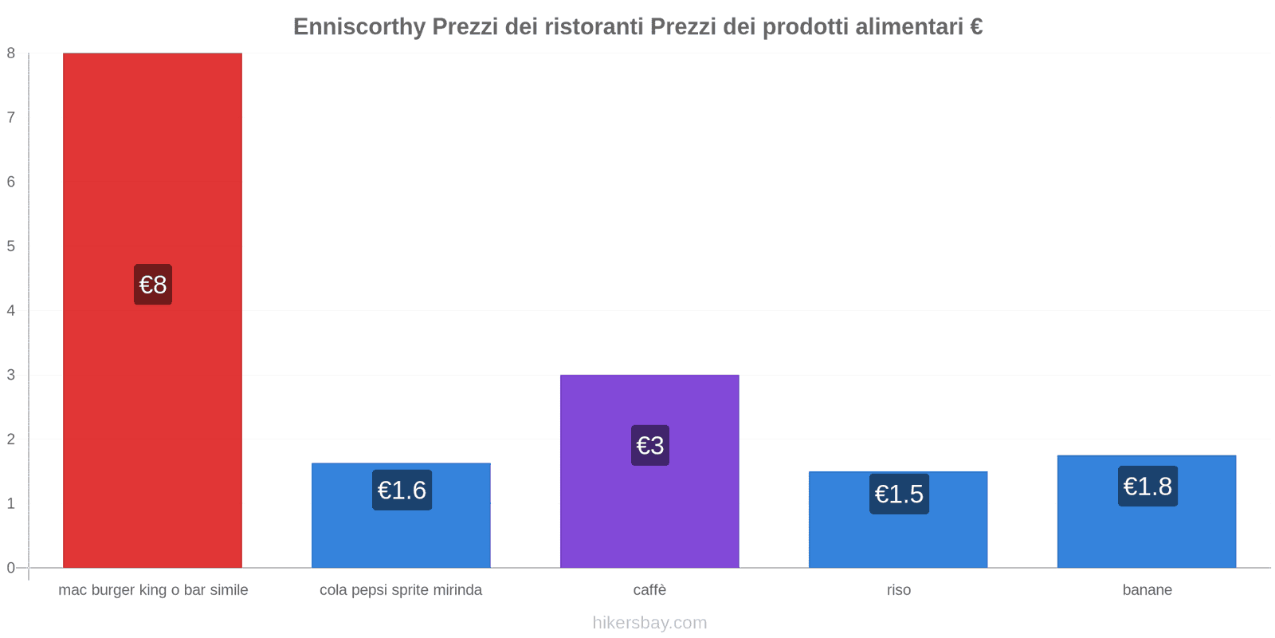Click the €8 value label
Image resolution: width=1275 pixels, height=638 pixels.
pos(153,285)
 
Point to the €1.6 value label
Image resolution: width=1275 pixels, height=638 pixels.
pos(402,490)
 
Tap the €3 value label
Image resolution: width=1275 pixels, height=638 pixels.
pos(650,445)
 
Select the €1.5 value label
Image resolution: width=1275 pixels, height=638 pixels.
pos(899,494)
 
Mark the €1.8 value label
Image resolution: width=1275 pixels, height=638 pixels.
pos(1147,486)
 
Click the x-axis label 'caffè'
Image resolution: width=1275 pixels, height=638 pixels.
pos(649,590)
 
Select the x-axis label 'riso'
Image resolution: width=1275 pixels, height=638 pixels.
pos(899,590)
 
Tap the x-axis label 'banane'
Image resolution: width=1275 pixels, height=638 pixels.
pos(1147,590)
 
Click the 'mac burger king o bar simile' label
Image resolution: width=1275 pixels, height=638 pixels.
pos(153,590)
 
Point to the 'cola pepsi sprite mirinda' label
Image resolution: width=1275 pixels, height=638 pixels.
pos(401,590)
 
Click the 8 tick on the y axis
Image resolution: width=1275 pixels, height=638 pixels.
pos(11,53)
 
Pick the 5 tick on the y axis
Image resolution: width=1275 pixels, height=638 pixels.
pos(11,246)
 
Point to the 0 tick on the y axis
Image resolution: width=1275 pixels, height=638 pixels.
pos(11,568)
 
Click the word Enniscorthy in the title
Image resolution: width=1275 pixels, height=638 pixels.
pos(359,27)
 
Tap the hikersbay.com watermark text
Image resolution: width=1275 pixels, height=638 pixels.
pos(649,623)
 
